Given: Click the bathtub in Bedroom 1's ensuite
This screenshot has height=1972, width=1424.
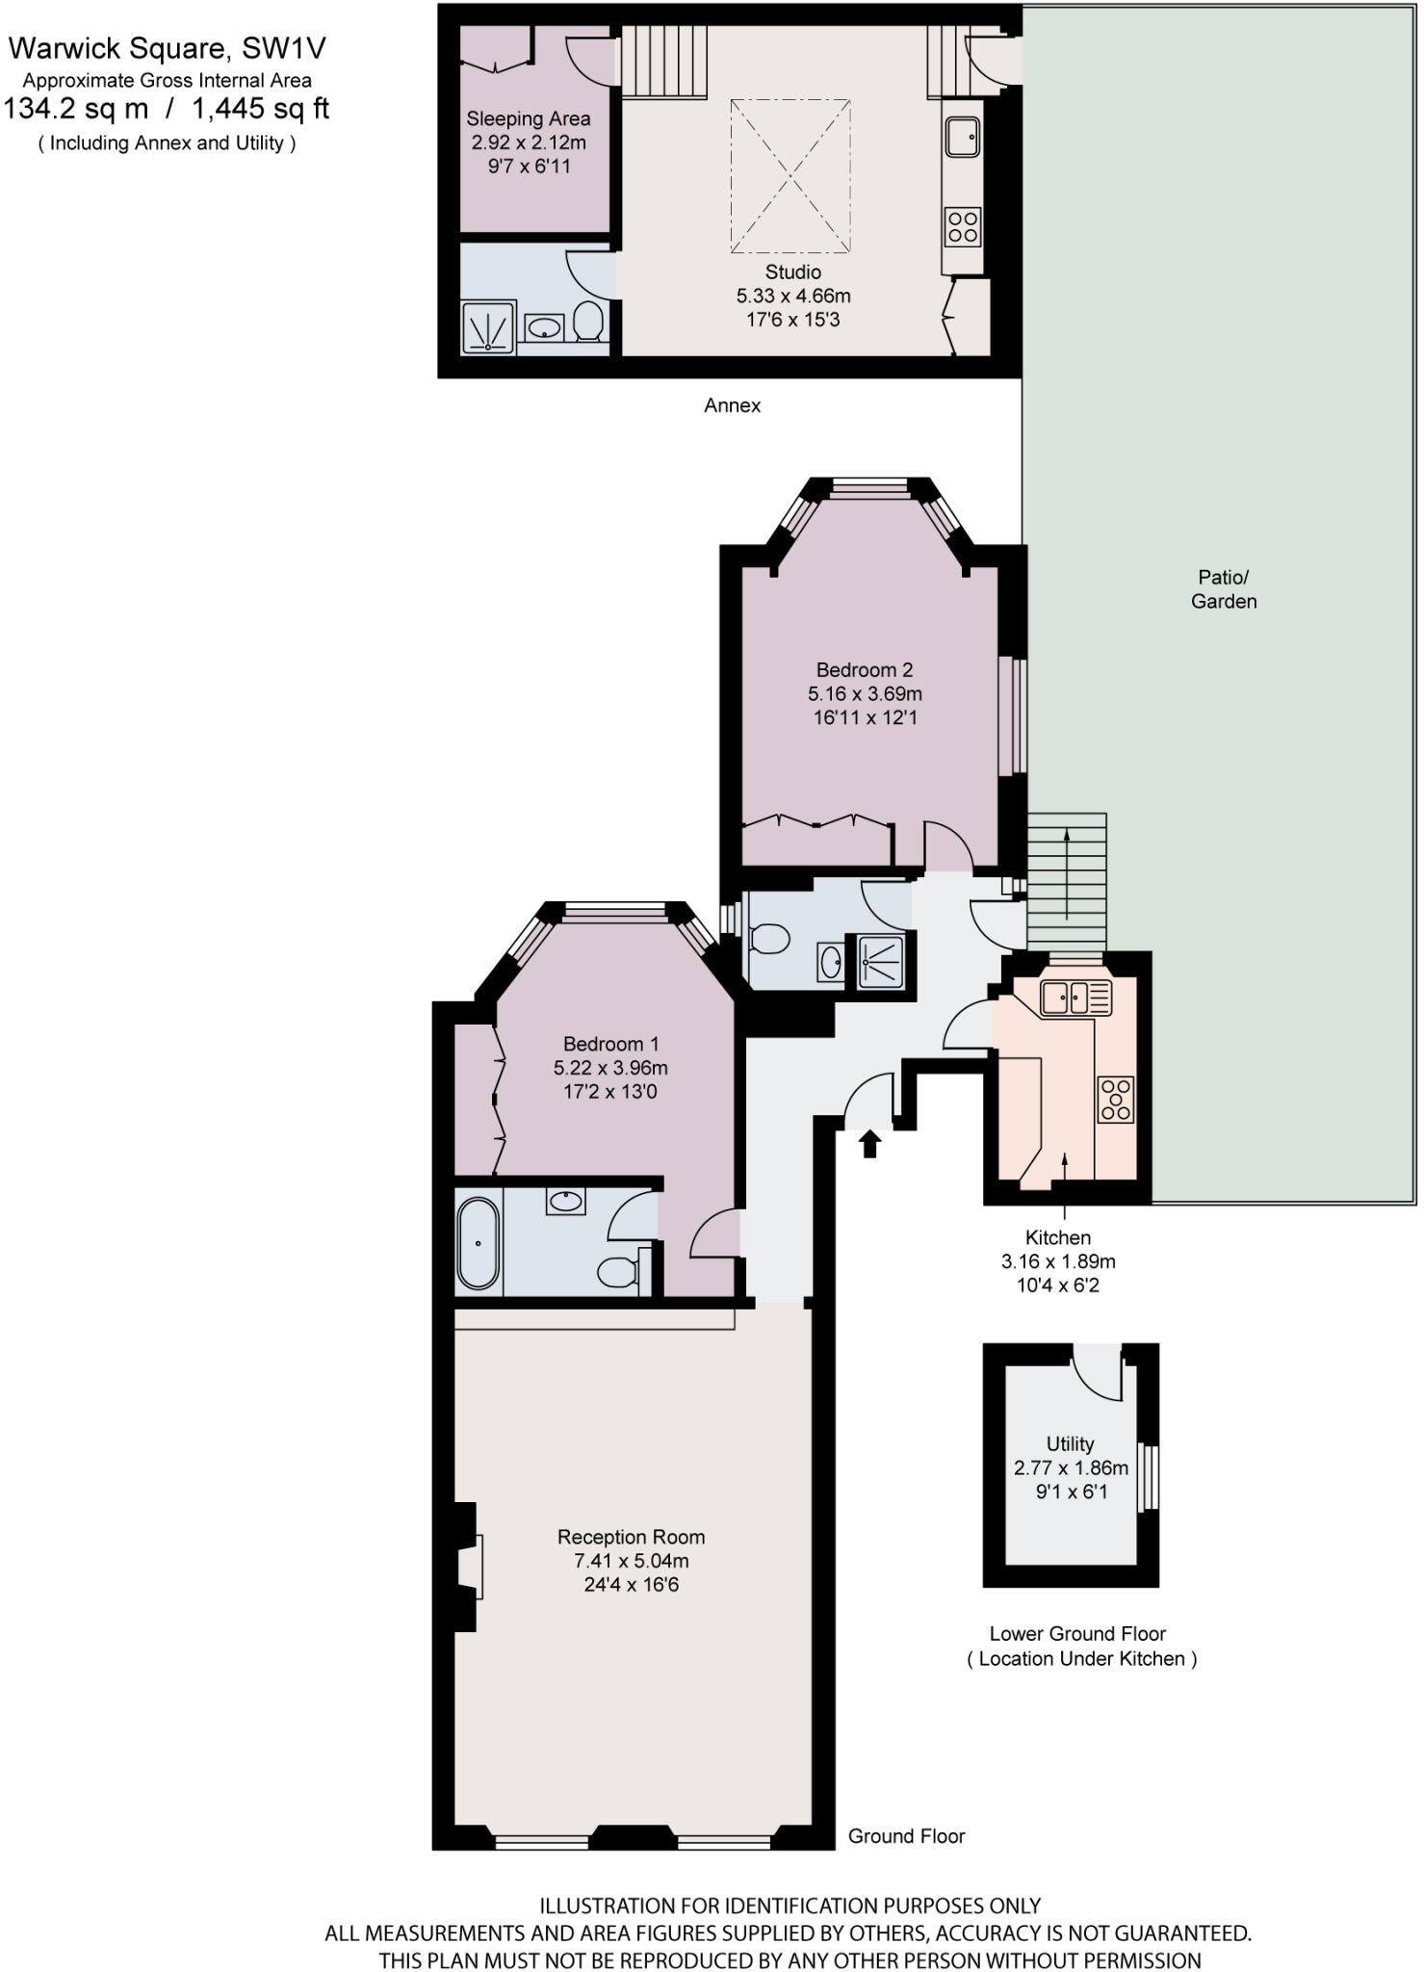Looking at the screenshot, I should coord(479,1243).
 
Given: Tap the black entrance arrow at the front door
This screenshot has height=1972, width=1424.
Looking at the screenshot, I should coord(870,1143).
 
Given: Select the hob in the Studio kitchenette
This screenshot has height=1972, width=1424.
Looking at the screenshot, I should coord(963,226).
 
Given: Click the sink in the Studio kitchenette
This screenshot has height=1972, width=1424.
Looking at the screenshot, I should coord(962,137).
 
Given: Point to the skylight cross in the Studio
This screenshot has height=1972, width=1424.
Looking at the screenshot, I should coord(790,176).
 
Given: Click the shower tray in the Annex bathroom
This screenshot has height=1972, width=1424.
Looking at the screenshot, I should coord(488,326).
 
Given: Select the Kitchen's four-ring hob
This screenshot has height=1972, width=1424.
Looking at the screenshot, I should coord(1116,1099).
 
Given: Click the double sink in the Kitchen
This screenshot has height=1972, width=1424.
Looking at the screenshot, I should coord(1074,998).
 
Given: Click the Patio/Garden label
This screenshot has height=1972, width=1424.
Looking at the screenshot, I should coord(1223,589).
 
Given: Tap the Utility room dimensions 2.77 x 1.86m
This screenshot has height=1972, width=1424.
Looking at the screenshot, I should coord(1071,1468).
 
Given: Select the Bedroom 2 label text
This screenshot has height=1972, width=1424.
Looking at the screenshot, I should coord(864,670).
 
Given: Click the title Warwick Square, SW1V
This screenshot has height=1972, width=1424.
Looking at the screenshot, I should coord(168,48).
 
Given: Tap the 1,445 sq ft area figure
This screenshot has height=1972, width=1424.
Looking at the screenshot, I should coord(260,109).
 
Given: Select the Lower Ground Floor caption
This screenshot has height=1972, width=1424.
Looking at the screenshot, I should coord(1077,1634).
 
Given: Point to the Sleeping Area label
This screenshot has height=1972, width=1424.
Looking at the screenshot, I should coord(528,119).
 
